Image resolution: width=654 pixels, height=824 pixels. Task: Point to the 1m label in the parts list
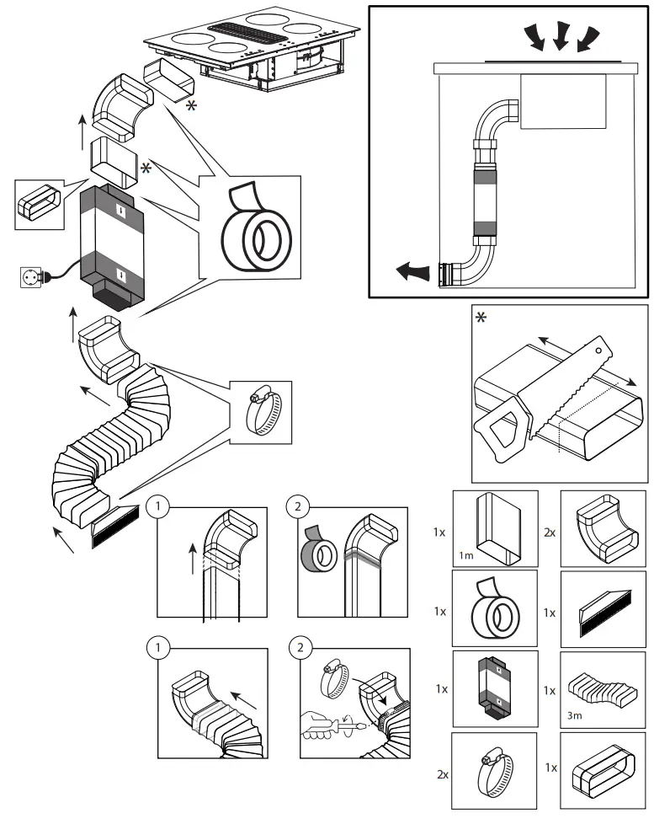(468, 553)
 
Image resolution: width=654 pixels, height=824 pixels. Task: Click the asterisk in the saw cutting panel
(481, 318)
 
